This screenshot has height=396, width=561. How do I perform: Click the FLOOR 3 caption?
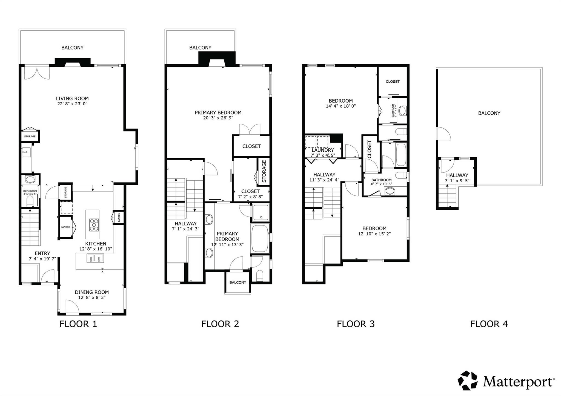tap(356, 324)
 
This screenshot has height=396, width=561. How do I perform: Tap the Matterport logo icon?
tap(468, 380)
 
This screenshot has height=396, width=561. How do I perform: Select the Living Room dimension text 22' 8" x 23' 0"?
tap(72, 104)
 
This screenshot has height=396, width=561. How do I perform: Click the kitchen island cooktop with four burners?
tap(94, 225)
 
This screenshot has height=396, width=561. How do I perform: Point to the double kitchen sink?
tap(95, 258)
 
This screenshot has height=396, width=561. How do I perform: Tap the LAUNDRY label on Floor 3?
tap(323, 150)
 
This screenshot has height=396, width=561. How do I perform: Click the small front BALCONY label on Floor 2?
tap(237, 282)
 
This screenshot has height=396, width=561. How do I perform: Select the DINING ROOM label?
tap(92, 292)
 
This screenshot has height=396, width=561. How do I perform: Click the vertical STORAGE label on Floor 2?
tap(264, 171)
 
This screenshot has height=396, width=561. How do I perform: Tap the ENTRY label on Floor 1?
tap(42, 253)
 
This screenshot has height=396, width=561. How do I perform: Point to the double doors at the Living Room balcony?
tap(37, 73)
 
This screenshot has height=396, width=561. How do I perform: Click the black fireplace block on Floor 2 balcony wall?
tap(217, 59)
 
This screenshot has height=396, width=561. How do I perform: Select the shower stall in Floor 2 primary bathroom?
tap(261, 212)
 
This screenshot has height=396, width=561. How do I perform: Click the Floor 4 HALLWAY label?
tap(457, 175)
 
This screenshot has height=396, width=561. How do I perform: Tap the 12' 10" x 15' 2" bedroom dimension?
tap(374, 234)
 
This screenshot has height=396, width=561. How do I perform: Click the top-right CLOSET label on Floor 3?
tap(393, 82)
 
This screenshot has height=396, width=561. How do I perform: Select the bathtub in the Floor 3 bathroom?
tap(401, 155)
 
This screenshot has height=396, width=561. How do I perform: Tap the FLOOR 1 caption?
tap(78, 324)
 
